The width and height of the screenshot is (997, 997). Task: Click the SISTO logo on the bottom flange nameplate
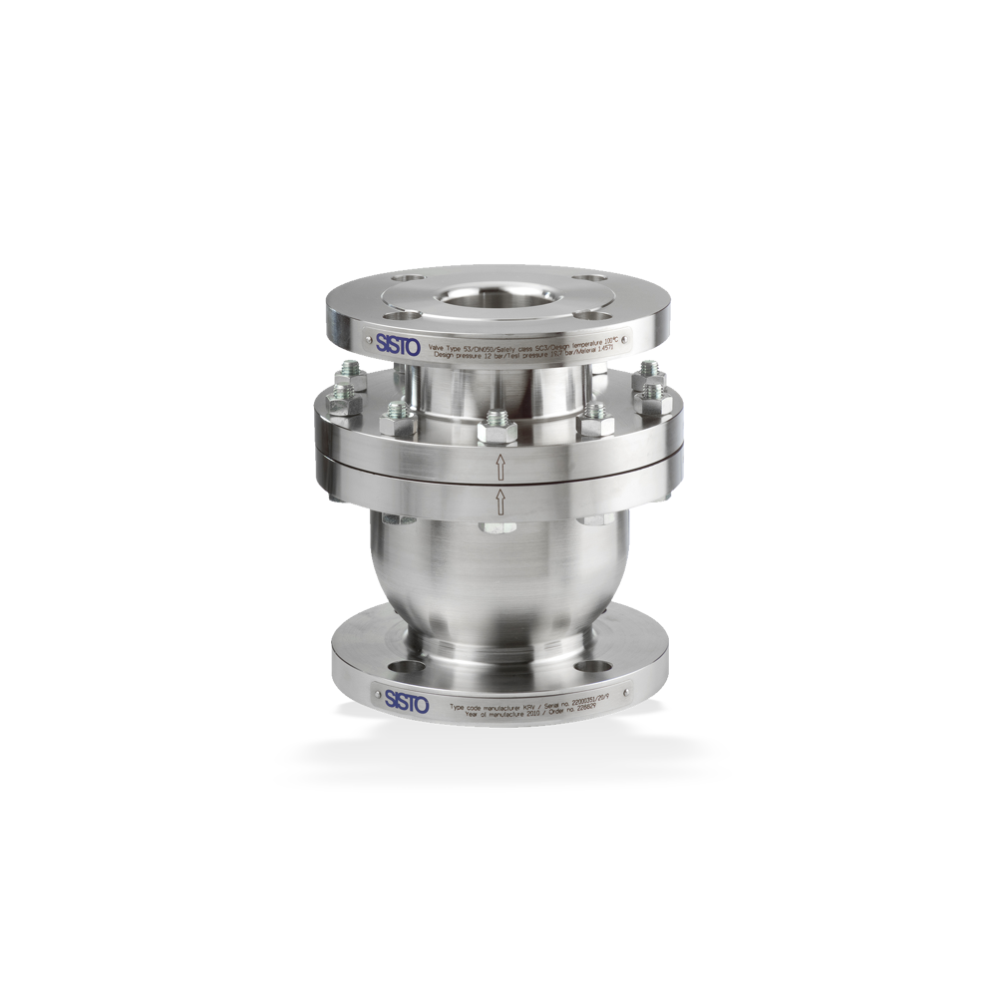coord(406,704)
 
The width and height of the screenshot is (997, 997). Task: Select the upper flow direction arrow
coord(499,466)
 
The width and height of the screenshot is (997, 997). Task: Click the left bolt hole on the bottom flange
coord(404,666)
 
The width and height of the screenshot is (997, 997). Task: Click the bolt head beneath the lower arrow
coord(497,525)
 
